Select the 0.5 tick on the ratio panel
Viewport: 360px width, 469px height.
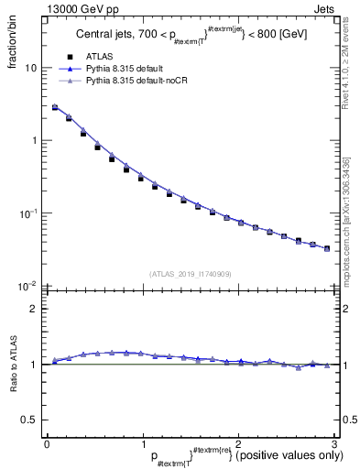pos(28,420)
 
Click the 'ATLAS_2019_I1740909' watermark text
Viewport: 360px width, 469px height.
pos(190,273)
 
